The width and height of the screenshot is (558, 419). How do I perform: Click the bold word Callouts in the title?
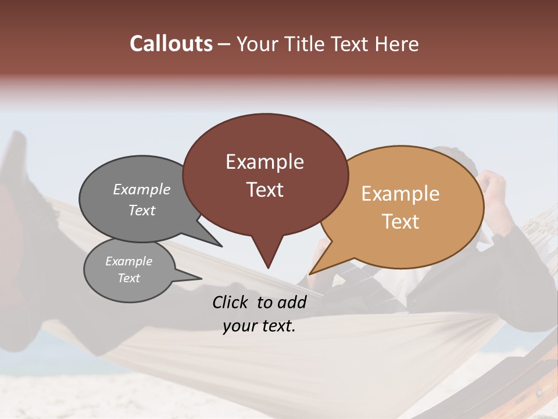(x=171, y=44)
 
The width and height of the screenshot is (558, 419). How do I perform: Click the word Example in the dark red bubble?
(x=264, y=161)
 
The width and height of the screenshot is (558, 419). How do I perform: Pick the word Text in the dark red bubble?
(x=264, y=189)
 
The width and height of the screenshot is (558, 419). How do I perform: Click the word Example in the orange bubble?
(x=400, y=193)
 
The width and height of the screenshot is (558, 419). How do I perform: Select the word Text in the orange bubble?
(x=400, y=221)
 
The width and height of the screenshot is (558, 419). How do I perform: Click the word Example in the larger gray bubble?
(x=142, y=189)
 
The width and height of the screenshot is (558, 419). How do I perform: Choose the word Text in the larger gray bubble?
(x=142, y=210)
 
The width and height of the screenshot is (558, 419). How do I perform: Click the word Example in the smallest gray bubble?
(x=128, y=261)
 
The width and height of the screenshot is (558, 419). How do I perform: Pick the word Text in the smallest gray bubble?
(x=128, y=278)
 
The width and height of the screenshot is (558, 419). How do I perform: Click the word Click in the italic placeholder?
(x=231, y=302)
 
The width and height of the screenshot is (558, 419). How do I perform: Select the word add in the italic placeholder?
(x=292, y=302)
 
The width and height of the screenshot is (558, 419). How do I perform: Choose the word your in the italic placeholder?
(x=239, y=326)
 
